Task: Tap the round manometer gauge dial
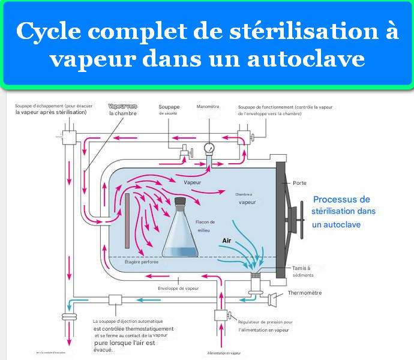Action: click(x=209, y=148)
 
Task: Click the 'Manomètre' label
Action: click(x=208, y=107)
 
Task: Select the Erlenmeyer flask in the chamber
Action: click(x=180, y=231)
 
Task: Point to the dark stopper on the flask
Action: click(x=179, y=203)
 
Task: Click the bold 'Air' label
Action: click(x=226, y=241)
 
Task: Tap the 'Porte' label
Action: click(x=300, y=182)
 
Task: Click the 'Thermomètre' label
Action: click(x=305, y=293)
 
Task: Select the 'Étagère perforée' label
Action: click(x=142, y=261)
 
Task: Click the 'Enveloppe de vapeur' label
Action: click(x=178, y=288)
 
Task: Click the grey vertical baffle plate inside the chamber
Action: click(x=127, y=220)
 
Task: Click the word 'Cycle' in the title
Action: click(x=46, y=32)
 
